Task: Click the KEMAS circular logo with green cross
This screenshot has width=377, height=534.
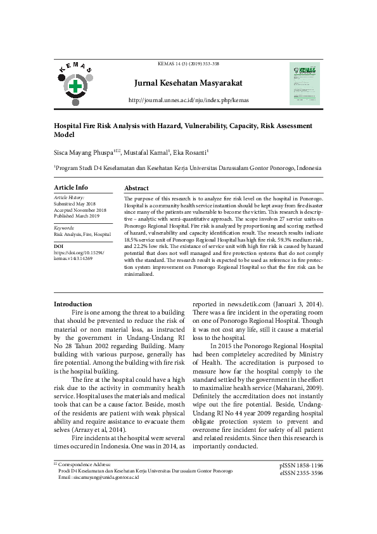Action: tap(75, 85)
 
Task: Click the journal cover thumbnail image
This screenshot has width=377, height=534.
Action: tap(304, 83)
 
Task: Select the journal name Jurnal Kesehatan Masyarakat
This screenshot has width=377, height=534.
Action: tap(188, 83)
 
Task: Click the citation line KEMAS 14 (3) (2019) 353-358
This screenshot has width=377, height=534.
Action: tap(188, 64)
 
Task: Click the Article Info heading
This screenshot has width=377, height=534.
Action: tap(71, 188)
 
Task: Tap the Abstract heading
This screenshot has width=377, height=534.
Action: tap(136, 188)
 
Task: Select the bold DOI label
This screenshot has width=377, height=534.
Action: tap(58, 245)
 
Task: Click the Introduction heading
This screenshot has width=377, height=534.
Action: tap(73, 304)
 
